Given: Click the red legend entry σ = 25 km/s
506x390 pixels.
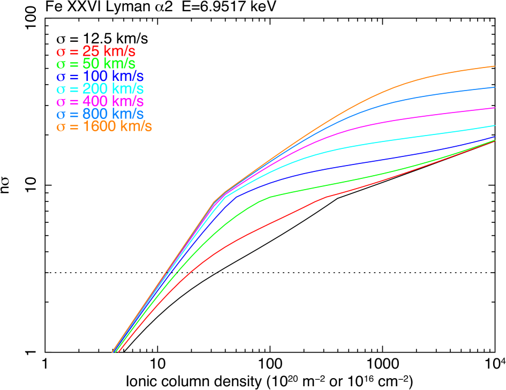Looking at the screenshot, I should pyautogui.click(x=96, y=52).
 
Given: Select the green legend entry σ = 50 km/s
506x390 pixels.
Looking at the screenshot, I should pyautogui.click(x=96, y=64).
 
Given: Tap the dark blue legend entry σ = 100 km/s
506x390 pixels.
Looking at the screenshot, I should pyautogui.click(x=100, y=77).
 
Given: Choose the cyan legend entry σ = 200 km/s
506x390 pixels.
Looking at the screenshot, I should pyautogui.click(x=100, y=89).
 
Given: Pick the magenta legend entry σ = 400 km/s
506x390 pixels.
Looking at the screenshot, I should pyautogui.click(x=100, y=101).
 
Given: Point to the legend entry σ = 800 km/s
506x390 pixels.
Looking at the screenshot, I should pyautogui.click(x=100, y=114).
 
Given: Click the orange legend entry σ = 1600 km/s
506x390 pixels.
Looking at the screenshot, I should pyautogui.click(x=104, y=126).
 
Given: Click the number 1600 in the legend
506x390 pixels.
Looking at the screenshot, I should pyautogui.click(x=100, y=126).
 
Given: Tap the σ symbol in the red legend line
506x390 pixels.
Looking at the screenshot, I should pyautogui.click(x=61, y=52).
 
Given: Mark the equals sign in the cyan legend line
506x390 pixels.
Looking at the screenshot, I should pyautogui.click(x=73, y=89).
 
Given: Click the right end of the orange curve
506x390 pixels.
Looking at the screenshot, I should pyautogui.click(x=494, y=66).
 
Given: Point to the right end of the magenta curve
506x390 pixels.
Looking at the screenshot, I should pyautogui.click(x=494, y=108).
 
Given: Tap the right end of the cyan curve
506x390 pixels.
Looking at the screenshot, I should pyautogui.click(x=494, y=125).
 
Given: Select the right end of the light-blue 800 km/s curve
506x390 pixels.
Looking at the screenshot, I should pyautogui.click(x=494, y=87).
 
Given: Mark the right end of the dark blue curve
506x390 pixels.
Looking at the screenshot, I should pyautogui.click(x=494, y=137).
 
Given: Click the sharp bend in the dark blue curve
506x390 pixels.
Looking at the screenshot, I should pyautogui.click(x=236, y=197).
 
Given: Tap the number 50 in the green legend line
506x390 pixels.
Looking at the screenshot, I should pyautogui.click(x=89, y=64).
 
